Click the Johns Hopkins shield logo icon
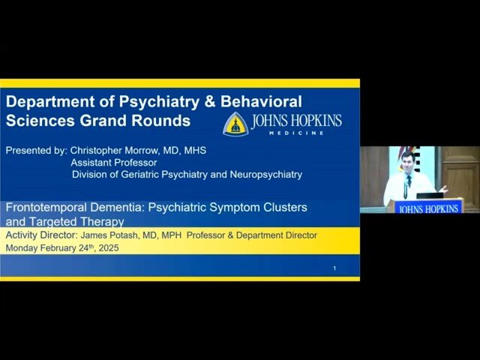tap(235, 124)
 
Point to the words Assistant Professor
tap(114, 163)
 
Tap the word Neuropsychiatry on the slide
tap(263, 175)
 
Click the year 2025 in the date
tap(106, 247)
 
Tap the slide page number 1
tap(334, 268)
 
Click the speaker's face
tap(407, 160)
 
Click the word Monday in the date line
tap(23, 247)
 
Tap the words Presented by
tap(34, 150)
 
